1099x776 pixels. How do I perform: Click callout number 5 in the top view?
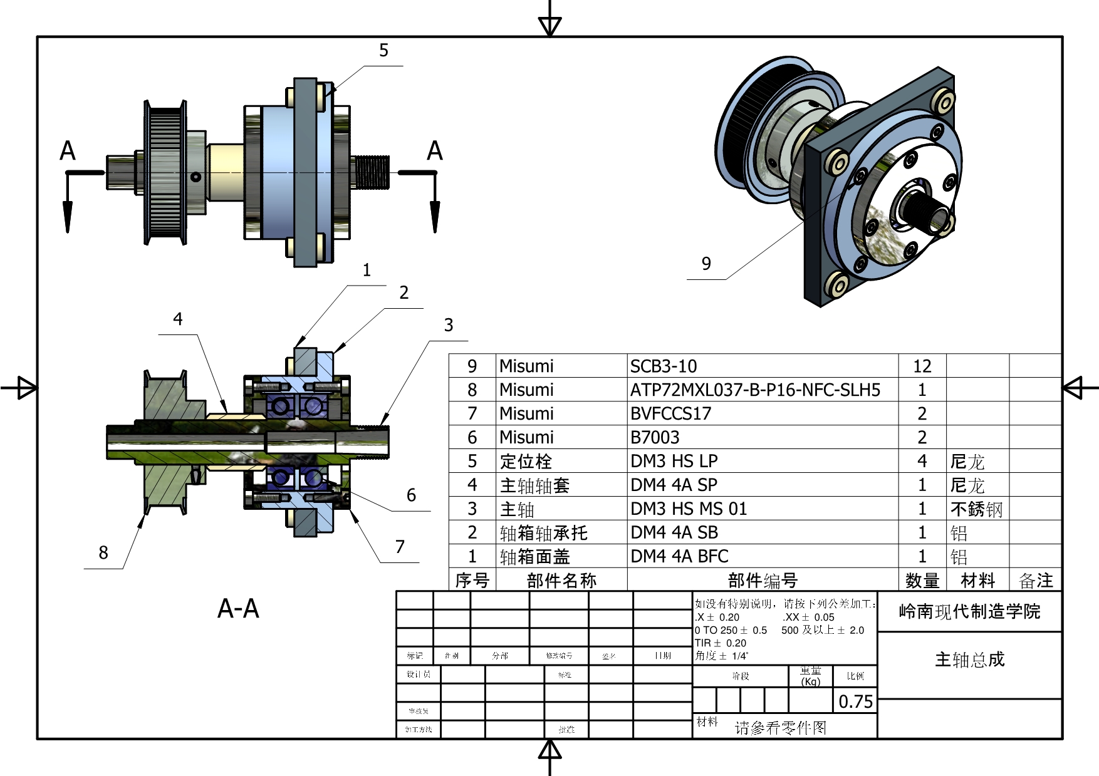(x=384, y=50)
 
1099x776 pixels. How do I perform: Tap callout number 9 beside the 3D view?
(x=706, y=264)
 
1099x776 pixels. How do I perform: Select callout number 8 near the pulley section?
(x=103, y=552)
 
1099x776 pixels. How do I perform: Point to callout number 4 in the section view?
(x=178, y=319)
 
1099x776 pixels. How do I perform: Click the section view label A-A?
(x=238, y=608)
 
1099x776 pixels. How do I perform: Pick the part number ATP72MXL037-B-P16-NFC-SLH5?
(x=755, y=390)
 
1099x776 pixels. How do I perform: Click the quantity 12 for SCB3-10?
(x=922, y=366)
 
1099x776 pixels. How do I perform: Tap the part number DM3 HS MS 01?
(x=689, y=509)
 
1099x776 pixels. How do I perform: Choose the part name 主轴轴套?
(x=534, y=485)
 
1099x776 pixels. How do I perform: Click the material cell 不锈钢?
(x=976, y=509)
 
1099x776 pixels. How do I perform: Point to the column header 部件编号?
(x=762, y=580)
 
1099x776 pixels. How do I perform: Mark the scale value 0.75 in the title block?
(x=855, y=701)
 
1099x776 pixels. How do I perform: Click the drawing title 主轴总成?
(x=969, y=660)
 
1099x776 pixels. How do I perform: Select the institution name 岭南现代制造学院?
(x=969, y=611)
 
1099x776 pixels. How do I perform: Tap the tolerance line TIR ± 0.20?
(x=721, y=643)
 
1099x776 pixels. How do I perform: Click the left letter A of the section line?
(x=68, y=151)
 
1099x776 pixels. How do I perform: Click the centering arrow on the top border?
(x=549, y=25)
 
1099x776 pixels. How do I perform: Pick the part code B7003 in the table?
(x=655, y=437)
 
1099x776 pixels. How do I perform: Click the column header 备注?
(x=1036, y=580)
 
